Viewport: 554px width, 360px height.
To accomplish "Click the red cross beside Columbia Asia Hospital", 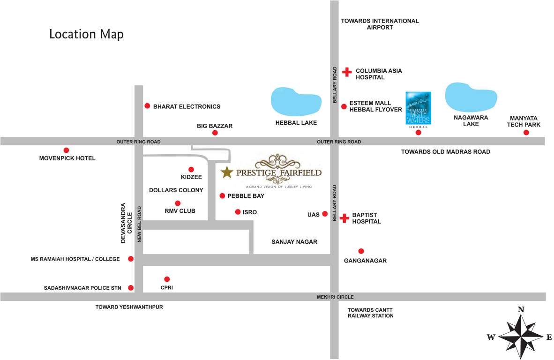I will (x=346, y=72).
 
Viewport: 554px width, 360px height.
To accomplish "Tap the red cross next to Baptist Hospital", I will (x=344, y=218).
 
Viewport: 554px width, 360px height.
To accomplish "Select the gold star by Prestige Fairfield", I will (x=227, y=172).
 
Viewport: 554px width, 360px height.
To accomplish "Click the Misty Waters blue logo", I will (x=418, y=108).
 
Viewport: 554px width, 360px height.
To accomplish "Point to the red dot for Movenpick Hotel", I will (x=66, y=150).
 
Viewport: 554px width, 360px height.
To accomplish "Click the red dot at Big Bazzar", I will (x=215, y=133).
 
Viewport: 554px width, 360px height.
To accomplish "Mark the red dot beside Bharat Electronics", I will (x=147, y=106).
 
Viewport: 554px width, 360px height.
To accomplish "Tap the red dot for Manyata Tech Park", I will (x=526, y=133).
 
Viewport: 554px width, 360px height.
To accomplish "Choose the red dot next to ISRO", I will (x=238, y=212).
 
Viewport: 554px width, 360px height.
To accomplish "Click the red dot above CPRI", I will (x=167, y=279).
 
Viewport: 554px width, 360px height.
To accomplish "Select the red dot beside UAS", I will (x=325, y=214).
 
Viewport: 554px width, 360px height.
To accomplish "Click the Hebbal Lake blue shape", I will (x=296, y=101).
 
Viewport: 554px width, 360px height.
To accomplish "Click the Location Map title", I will (x=86, y=34).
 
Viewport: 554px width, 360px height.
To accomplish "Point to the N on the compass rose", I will (x=520, y=309).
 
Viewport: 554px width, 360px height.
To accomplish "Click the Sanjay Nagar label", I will (x=294, y=242).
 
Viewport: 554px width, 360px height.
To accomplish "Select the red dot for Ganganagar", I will (x=360, y=251).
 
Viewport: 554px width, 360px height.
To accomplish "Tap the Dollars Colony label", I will (x=176, y=190).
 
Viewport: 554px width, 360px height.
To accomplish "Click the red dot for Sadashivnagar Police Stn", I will (x=131, y=288).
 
